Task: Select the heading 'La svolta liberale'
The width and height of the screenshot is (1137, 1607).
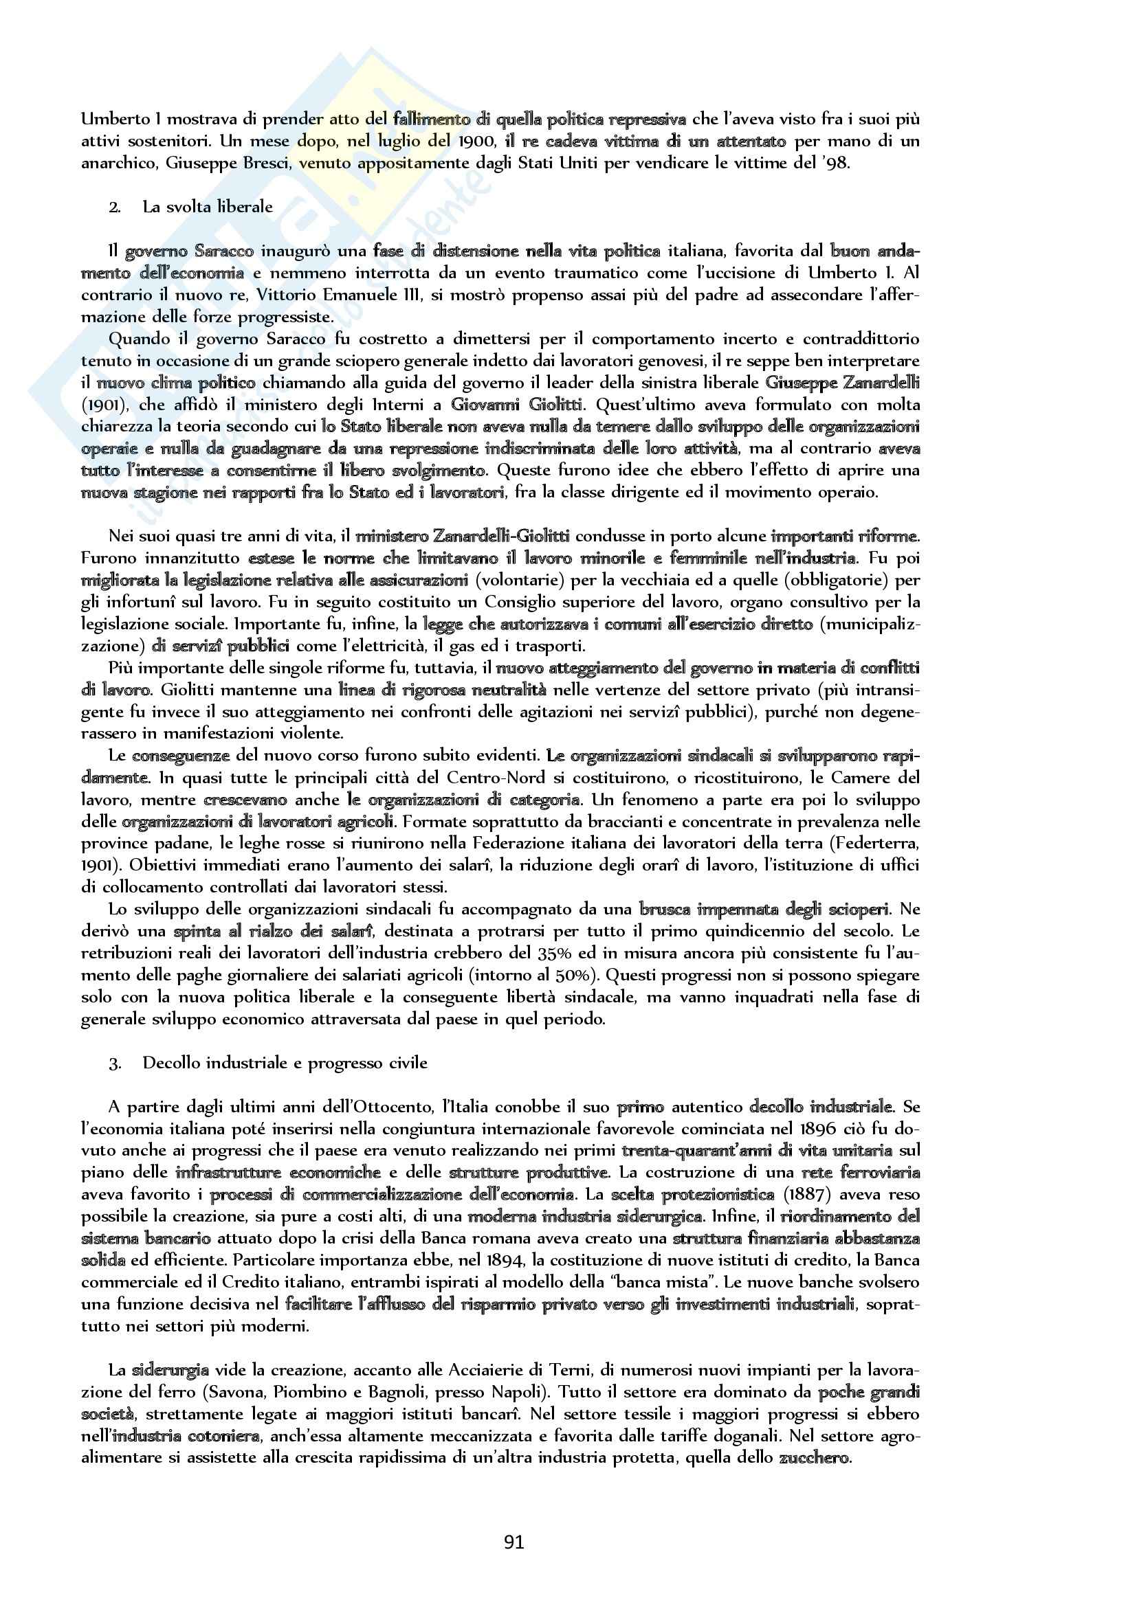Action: [207, 207]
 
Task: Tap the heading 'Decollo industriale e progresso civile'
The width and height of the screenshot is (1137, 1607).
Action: [285, 1062]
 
